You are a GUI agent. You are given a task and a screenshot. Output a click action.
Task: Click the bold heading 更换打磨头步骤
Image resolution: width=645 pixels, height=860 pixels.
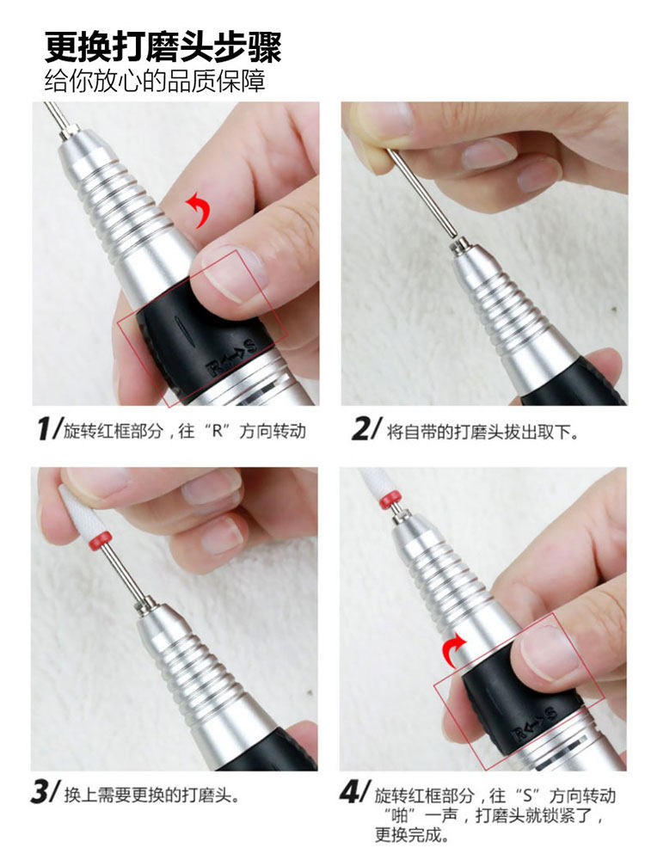coord(163,46)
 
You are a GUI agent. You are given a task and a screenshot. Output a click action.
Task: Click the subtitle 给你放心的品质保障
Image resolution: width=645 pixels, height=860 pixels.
coord(155,81)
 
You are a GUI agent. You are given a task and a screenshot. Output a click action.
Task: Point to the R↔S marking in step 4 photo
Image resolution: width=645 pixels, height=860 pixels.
coord(534,723)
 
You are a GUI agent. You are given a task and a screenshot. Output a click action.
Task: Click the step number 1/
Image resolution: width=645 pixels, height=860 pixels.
coord(48,429)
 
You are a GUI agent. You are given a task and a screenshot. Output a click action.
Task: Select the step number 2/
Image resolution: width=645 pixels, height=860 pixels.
coord(365,429)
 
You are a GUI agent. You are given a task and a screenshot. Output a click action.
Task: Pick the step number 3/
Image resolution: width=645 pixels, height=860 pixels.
coord(45,793)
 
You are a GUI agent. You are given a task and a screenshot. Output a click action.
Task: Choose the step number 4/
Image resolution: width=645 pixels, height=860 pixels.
coord(355,793)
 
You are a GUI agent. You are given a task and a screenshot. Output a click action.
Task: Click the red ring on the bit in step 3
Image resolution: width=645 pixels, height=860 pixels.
coord(101,540)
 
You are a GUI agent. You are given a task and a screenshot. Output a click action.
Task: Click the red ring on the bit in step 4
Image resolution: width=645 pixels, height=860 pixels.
coord(390,500)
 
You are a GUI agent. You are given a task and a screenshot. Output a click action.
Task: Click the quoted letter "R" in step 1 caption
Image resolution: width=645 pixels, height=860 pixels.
coord(218,431)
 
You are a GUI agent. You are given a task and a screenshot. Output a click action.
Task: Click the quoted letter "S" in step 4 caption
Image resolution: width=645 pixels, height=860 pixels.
coord(527,795)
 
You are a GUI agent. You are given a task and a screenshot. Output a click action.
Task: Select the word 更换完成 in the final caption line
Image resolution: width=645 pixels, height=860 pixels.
coord(408,835)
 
